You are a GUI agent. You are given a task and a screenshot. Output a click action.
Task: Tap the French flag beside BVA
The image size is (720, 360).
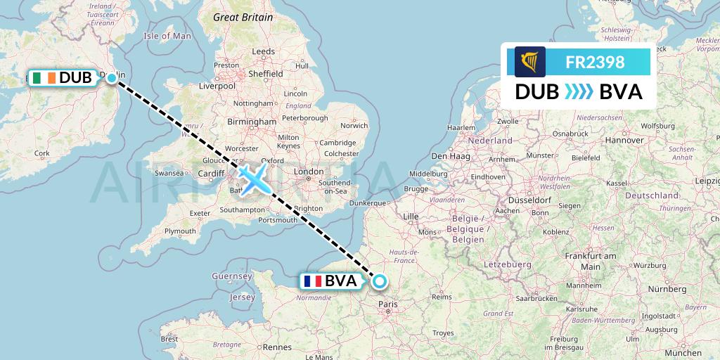tap(312, 282)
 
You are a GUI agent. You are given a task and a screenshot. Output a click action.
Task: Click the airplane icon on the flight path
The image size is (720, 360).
tap(252, 176)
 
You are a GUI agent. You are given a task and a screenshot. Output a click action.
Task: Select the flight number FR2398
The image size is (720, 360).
tap(595, 62)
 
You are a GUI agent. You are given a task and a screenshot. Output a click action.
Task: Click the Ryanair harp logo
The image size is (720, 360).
tap(529, 62)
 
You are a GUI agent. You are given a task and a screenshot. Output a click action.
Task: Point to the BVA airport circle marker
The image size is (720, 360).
tap(380, 282)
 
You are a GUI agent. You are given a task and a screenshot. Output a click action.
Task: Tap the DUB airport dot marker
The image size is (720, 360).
tap(111, 78)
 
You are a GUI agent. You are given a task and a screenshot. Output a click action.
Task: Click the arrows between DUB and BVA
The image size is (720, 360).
tap(579, 92)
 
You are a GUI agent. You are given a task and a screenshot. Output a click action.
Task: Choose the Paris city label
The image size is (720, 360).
tap(388, 304)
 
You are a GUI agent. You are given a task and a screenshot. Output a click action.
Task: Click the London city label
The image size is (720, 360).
tap(309, 171)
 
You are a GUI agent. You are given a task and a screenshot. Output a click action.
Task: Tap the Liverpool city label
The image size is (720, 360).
tap(217, 86)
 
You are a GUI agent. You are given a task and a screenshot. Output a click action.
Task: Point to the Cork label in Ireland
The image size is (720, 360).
tap(42, 153)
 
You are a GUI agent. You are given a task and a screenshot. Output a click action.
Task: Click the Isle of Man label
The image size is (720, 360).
tap(167, 36)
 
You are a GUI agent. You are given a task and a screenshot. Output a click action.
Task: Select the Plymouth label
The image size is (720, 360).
tap(180, 231)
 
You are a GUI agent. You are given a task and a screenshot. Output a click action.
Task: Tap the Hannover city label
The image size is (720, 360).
tap(624, 140)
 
